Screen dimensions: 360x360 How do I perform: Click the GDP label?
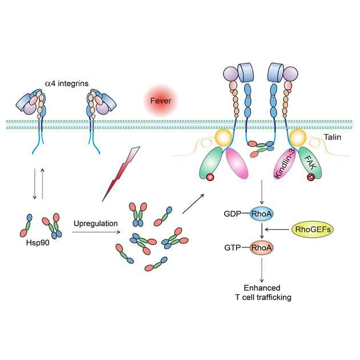pyautogui.click(x=233, y=213)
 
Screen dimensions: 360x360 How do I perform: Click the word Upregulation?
pyautogui.click(x=95, y=222)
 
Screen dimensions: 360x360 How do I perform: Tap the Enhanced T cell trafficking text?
pyautogui.click(x=261, y=292)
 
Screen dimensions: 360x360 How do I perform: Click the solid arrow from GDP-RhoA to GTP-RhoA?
pyautogui.click(x=261, y=230)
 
